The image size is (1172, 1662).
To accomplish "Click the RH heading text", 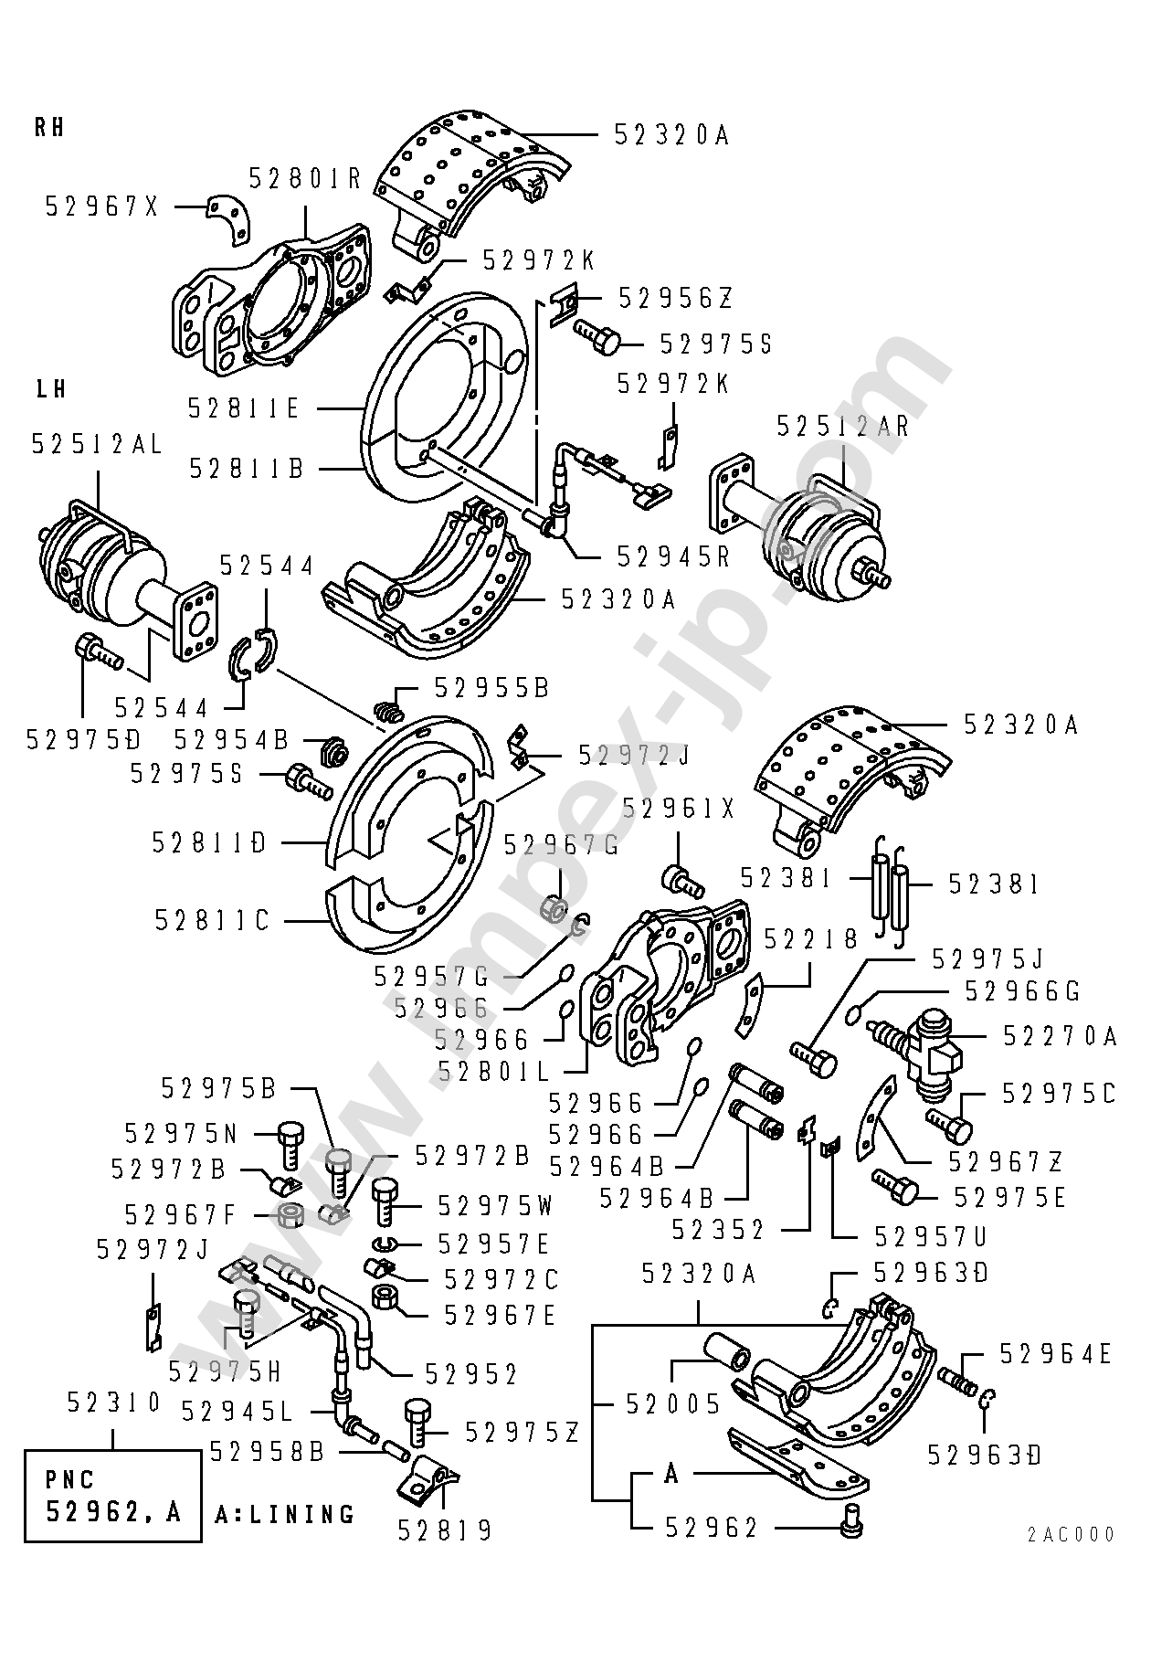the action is coord(49,127).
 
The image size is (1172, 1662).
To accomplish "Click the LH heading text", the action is coord(50,388).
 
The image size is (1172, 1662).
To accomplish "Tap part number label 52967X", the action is coord(102,207).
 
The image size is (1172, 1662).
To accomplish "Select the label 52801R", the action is coord(305,179).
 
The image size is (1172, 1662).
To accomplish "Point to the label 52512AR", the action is coord(843,426).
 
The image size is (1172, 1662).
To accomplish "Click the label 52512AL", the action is coord(97,444).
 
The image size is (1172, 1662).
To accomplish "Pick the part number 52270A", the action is coord(1061,1035).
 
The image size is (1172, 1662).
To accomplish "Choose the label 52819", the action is coord(445,1530).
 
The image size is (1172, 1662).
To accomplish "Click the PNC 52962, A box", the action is coord(112,1496).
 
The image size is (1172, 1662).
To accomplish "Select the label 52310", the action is coord(114,1403).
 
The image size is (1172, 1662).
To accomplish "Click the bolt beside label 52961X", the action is coord(682,880).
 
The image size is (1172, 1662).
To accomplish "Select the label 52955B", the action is coord(492,687).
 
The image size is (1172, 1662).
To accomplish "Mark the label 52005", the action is coord(673,1403).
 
